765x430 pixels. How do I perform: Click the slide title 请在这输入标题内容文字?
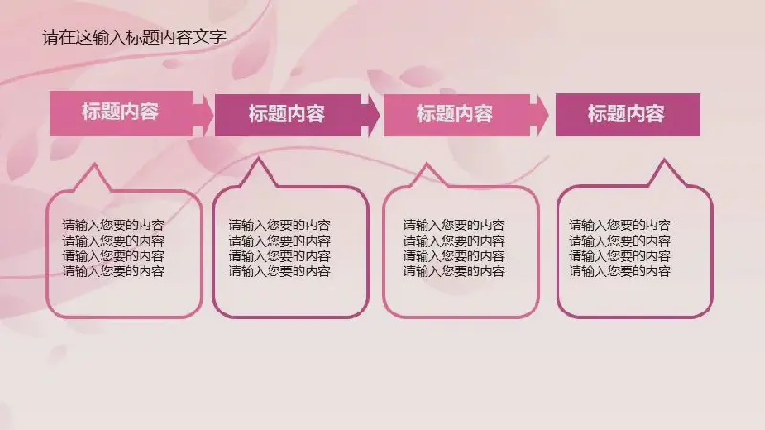point(135,37)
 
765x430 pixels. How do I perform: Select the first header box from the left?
point(121,113)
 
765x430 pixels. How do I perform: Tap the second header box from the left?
point(288,115)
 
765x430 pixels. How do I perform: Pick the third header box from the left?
point(457,115)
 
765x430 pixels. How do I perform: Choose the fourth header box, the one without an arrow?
point(627,114)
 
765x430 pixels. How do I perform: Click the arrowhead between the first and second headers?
point(205,114)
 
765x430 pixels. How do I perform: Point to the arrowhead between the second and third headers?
point(370,115)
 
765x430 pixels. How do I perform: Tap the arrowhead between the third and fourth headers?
point(539,115)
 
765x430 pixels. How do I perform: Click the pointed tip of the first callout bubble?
point(93,165)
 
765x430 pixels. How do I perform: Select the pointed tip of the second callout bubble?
point(258,159)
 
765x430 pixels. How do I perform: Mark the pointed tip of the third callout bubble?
point(426,164)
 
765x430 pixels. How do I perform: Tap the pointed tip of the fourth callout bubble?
point(664,160)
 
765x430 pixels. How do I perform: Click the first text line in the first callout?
point(113,226)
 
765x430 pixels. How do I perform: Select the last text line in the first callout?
point(113,270)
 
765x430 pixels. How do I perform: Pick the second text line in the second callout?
point(279,241)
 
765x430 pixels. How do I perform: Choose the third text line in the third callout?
point(453,255)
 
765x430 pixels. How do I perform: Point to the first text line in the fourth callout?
point(620,226)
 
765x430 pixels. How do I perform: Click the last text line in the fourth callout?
point(620,270)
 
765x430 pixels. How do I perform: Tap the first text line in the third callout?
point(453,226)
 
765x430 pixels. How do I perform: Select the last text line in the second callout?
point(279,270)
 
